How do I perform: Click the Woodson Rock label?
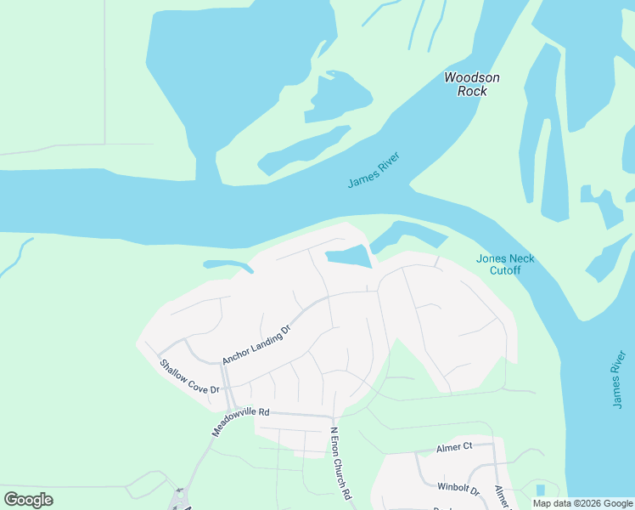472,84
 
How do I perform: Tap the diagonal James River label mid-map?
374,171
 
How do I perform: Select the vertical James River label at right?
618,379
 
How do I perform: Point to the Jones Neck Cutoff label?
504,264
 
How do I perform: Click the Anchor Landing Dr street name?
256,343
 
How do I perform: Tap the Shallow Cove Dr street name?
190,377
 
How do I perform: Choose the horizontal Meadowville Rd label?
241,411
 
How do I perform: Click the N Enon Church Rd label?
341,462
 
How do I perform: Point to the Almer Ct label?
454,446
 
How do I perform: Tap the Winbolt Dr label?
458,489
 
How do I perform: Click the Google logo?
28,500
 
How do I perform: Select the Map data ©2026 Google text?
583,503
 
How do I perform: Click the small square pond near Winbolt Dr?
541,490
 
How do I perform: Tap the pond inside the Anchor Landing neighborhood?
347,257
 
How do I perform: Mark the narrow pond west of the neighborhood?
228,265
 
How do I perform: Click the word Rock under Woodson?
472,91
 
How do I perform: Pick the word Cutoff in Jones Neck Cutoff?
504,271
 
